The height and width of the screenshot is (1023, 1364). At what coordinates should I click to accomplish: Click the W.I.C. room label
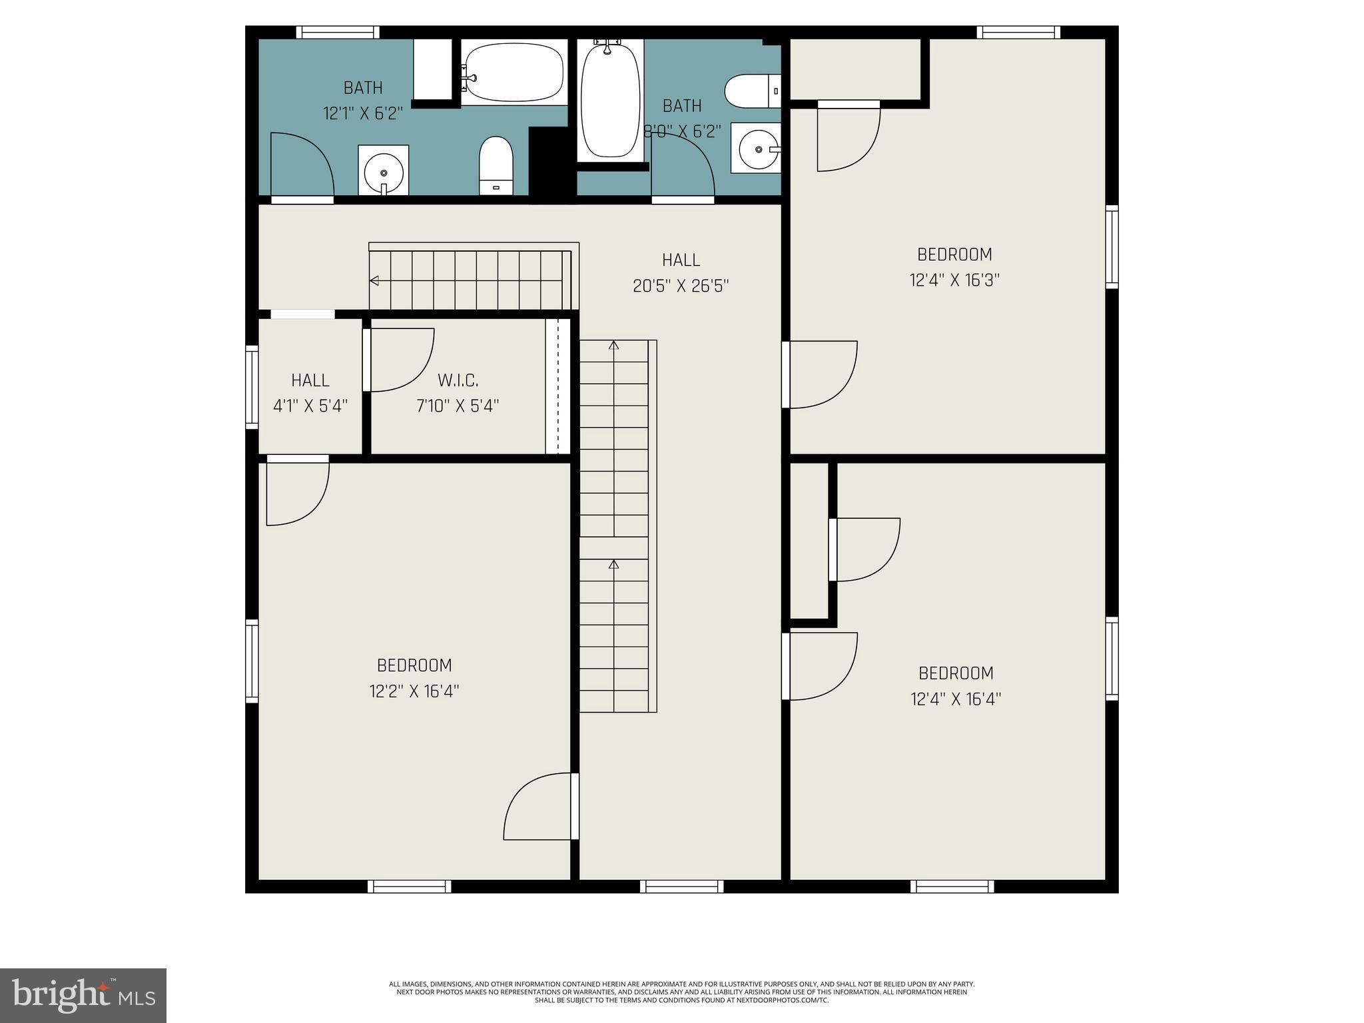tap(458, 380)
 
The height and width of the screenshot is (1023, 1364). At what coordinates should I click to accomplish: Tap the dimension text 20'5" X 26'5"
tap(681, 286)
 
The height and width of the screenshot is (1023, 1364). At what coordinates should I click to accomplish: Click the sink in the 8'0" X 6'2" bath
tap(756, 148)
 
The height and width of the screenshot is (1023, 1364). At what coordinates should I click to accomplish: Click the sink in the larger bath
tap(383, 170)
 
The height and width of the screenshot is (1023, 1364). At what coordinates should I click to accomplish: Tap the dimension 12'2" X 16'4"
tap(414, 691)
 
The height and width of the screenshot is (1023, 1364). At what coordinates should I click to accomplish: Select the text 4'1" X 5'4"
tap(310, 406)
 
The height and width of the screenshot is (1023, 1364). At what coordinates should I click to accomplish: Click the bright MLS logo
tap(83, 994)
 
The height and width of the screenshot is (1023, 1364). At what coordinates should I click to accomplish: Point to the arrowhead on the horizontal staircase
tap(374, 280)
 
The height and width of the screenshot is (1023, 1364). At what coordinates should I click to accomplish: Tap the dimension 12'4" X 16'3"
tap(954, 280)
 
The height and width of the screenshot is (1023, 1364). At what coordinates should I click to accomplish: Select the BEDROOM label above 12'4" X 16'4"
tap(956, 673)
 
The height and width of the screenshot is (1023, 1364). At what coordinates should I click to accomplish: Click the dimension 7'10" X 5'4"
tap(458, 406)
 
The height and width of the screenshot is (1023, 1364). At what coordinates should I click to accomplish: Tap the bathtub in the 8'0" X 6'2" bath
tap(610, 100)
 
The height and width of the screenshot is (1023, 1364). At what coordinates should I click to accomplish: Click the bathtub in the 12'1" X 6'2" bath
tap(514, 73)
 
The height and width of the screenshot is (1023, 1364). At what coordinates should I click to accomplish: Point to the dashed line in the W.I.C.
tap(558, 386)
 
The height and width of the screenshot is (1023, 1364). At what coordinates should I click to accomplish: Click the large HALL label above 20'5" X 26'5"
tap(681, 260)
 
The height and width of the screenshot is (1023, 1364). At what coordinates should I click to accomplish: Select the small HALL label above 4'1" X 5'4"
tap(310, 380)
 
